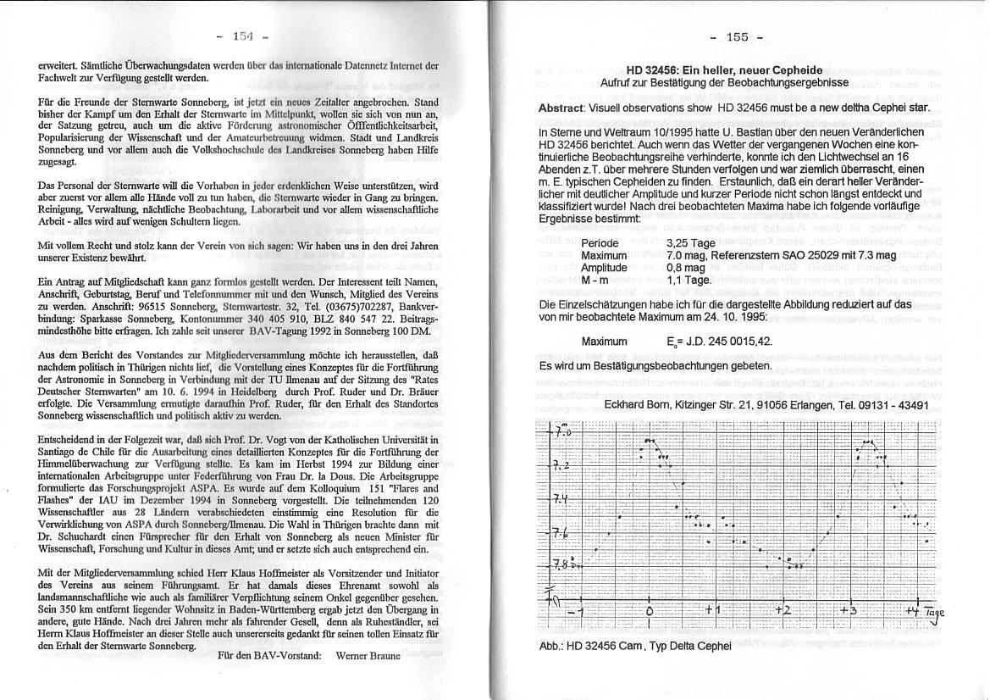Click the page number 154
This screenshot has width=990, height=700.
pos(242,36)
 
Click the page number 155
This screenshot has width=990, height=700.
pos(737,36)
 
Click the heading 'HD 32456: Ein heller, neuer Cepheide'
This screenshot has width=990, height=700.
pos(724,70)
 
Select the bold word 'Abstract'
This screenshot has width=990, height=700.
pos(561,108)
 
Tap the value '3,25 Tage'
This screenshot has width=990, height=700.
pos(692,243)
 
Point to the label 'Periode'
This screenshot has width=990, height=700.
pos(600,243)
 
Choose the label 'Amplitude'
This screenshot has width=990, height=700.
pos(604,267)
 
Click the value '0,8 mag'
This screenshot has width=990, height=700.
pos(687,267)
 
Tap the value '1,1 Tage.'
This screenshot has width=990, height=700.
pos(689,279)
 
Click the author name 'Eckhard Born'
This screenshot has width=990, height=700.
pos(641,405)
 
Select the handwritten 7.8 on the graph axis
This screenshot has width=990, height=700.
pos(561,563)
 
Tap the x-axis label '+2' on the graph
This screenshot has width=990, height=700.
pos(782,610)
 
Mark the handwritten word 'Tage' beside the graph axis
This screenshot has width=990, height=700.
pos(933,613)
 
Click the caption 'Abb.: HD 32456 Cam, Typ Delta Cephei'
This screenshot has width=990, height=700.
pos(634,646)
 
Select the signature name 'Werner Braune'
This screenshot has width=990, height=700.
pos(368,655)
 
